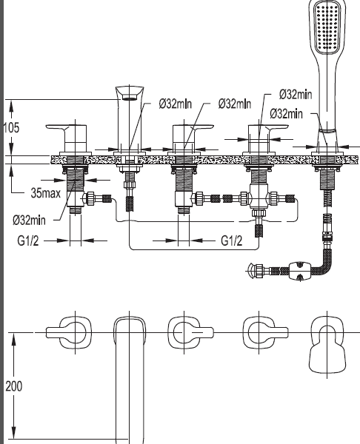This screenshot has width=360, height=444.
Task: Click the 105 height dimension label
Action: pos(11,128)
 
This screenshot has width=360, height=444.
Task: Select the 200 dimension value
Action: pos(13,386)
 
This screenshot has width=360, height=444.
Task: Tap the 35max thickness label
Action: pos(46,193)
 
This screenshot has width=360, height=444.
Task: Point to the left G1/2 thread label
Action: pos(28,240)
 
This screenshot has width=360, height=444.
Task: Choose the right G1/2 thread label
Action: pos(232,240)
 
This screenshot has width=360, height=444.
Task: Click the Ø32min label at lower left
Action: pos(29,220)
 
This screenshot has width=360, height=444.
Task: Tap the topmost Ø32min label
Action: pos(296,94)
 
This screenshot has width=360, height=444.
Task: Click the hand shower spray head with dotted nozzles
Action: pos(327,28)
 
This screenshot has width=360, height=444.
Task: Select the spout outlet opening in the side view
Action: pos(130,98)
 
